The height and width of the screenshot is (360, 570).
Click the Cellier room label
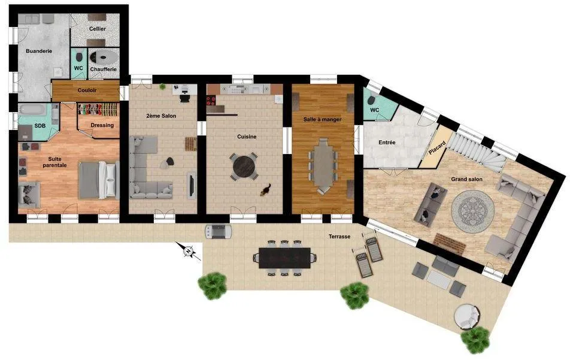98,29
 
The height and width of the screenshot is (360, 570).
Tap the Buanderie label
39,52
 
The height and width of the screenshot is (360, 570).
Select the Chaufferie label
103,69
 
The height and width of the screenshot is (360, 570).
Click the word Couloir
87,90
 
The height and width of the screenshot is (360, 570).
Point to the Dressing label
102,125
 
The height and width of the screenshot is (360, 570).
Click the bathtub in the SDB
33,109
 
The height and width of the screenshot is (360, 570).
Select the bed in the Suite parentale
99,180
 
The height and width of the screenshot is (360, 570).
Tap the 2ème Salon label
161,116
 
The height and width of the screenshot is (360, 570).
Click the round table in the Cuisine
244,166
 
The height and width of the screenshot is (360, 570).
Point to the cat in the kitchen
266,190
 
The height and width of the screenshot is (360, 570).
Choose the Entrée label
387,143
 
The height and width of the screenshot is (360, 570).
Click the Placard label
437,147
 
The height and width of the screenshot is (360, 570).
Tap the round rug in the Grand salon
472,210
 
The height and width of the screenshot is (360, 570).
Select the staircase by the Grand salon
477,152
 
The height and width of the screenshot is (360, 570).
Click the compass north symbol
188,251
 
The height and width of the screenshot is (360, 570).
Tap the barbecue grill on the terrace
218,232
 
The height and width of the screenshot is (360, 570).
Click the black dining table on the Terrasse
284,258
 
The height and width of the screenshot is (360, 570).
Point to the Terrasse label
339,237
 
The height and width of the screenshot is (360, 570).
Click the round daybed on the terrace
468,317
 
